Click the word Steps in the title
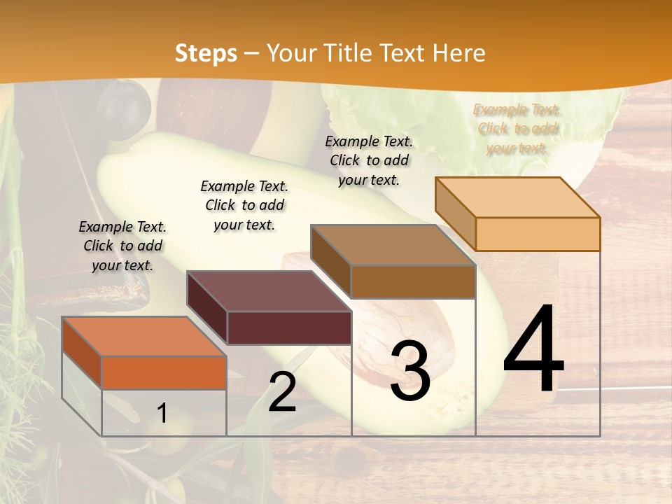point(206,53)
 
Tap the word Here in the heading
point(458,53)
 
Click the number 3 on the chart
point(410,370)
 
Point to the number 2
point(282,392)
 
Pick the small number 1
point(162,413)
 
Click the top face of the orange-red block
point(144,336)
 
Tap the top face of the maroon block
point(269,291)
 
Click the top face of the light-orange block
point(518,197)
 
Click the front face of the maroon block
point(289,328)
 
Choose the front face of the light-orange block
point(538,234)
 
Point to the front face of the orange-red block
point(164,372)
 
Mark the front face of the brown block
point(413,281)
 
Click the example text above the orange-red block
point(122,246)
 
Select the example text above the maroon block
point(244,205)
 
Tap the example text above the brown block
point(369,160)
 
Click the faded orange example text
point(517,129)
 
